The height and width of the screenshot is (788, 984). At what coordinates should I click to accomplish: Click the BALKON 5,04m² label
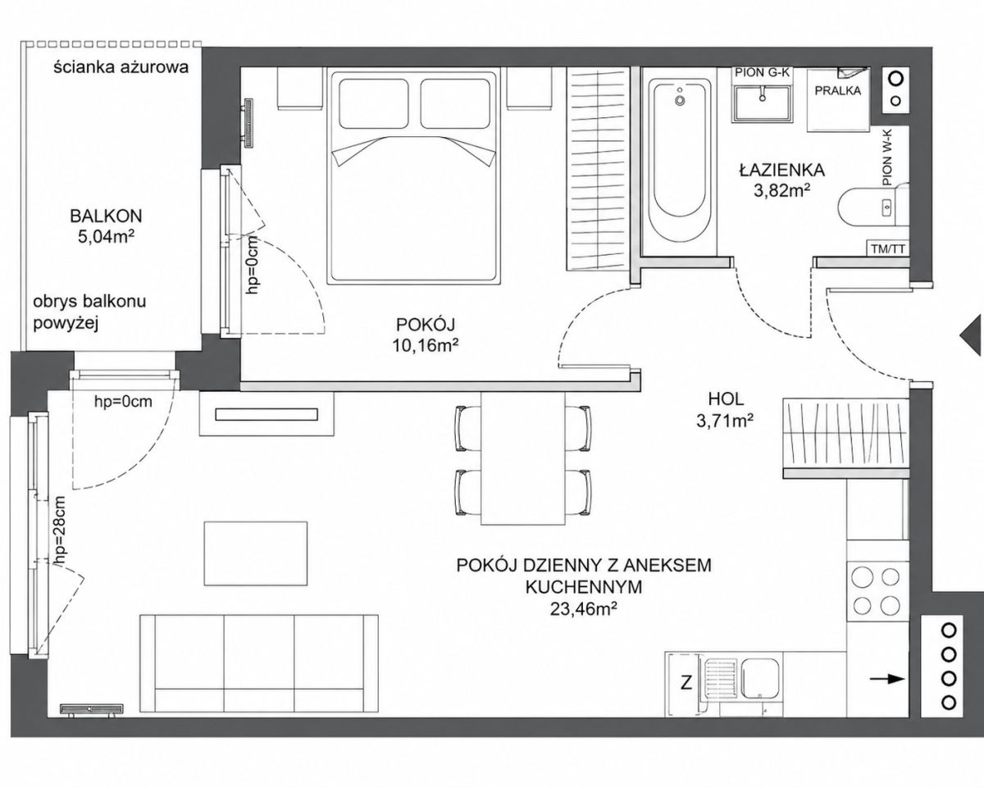click(x=106, y=226)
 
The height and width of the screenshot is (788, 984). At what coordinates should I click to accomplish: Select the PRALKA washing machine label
click(x=838, y=90)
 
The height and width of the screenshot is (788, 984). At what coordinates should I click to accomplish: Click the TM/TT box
click(x=888, y=248)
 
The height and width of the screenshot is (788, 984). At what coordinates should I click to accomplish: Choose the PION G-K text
click(x=762, y=72)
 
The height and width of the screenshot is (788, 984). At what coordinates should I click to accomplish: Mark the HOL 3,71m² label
click(x=726, y=409)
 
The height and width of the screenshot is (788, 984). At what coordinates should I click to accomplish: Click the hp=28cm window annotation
click(x=60, y=532)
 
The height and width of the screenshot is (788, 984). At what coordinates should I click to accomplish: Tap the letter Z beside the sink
click(x=686, y=695)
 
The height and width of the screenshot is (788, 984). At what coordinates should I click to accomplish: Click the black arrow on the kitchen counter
click(x=887, y=692)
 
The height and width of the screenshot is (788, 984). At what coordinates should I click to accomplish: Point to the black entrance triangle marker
click(x=972, y=335)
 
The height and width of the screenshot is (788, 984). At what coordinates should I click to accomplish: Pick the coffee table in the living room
click(x=256, y=553)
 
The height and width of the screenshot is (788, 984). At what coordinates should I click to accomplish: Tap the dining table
click(x=523, y=458)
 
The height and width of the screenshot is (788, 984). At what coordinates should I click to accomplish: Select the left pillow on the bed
click(x=374, y=104)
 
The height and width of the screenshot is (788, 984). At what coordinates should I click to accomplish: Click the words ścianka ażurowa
click(x=121, y=68)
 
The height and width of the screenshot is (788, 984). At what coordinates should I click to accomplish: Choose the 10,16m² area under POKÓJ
click(x=426, y=346)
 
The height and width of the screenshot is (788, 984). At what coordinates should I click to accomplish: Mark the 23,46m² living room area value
click(x=584, y=608)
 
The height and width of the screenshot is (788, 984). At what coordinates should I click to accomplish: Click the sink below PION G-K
click(x=762, y=103)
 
